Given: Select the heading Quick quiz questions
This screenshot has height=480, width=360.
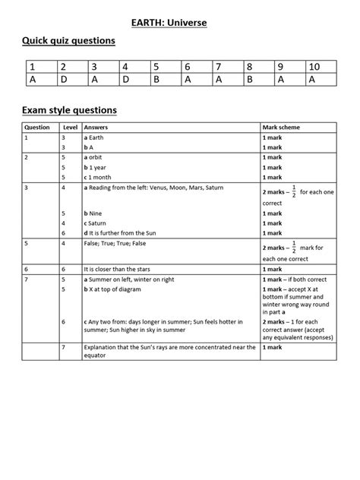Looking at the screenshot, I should click(68, 40).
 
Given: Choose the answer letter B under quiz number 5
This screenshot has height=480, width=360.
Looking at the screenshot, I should click(155, 80).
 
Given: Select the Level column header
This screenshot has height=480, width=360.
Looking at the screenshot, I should click(70, 128).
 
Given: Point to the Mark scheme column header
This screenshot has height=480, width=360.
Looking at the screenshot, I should click(282, 128).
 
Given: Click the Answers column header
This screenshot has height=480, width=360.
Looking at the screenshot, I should click(96, 128).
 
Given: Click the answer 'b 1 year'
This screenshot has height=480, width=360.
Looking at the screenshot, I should click(99, 166).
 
